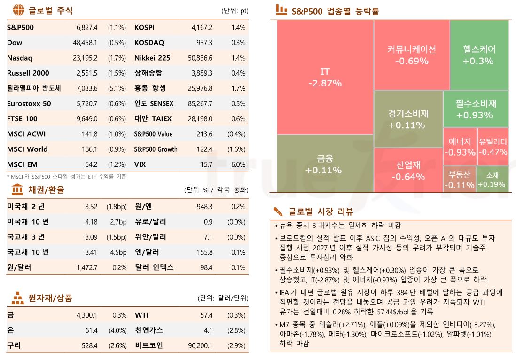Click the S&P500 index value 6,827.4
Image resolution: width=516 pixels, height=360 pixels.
pos(86,28)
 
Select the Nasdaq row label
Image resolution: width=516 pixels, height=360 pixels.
pos(20,58)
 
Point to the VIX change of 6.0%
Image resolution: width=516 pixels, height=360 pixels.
pos(238,164)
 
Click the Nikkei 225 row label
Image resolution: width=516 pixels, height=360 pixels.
pos(152,58)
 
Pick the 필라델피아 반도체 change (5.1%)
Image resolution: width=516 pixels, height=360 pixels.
pos(117,88)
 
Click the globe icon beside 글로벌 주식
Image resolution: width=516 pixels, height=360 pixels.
pos(18,10)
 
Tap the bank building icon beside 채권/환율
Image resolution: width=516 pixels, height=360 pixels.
pos(17,189)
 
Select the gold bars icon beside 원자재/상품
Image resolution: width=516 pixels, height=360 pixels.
pos(17,297)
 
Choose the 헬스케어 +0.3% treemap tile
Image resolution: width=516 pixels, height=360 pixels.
pos(479,55)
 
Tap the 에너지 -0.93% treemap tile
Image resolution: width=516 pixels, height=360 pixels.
pos(460,147)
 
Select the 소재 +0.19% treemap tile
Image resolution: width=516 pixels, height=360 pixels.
pos(492,180)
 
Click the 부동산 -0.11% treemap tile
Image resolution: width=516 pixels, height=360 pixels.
pos(459,180)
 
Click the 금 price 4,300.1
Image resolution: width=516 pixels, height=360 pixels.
pos(86,315)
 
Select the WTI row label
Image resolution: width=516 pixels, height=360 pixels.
pos(141,315)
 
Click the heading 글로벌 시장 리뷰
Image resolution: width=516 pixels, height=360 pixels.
pos(321,211)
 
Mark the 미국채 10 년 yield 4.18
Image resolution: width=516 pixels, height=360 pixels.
pos(91,222)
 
